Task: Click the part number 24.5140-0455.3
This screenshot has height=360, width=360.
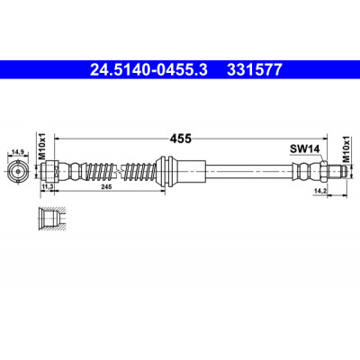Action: pyautogui.click(x=148, y=70)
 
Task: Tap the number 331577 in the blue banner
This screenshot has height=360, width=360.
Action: pyautogui.click(x=255, y=70)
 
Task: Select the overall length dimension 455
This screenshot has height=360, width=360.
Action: pyautogui.click(x=181, y=139)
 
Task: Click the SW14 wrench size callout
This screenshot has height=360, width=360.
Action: pyautogui.click(x=304, y=148)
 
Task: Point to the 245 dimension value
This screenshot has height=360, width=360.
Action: pyautogui.click(x=106, y=186)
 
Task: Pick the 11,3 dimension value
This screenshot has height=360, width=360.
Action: pyautogui.click(x=48, y=186)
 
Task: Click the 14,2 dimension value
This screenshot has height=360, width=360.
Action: pyautogui.click(x=319, y=191)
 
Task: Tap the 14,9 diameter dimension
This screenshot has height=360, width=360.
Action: pyautogui.click(x=17, y=152)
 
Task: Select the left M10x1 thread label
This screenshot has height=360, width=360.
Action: pyautogui.click(x=41, y=146)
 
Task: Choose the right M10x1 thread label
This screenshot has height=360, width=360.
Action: pyautogui.click(x=346, y=149)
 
